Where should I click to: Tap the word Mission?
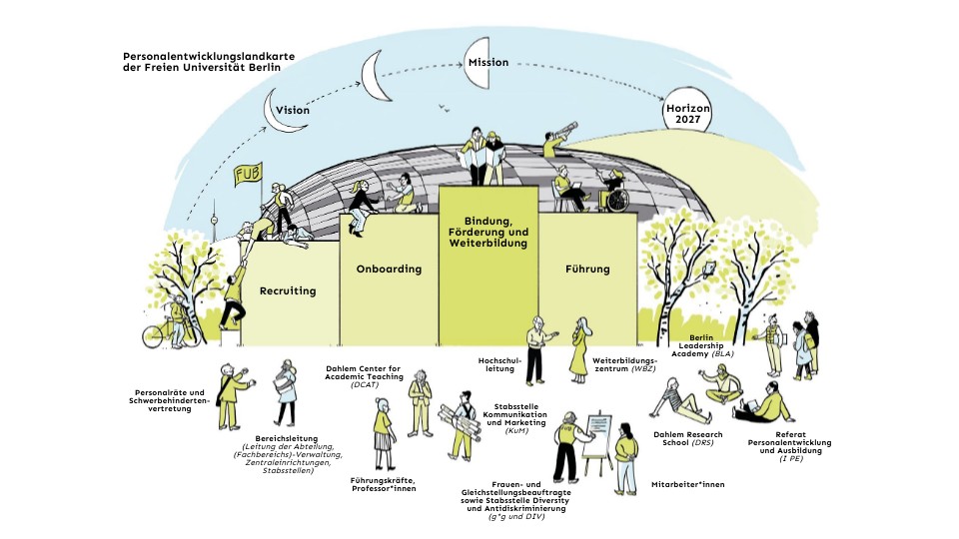tap(488, 63)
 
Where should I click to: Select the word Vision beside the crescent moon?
tap(293, 111)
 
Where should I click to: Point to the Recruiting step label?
tap(288, 291)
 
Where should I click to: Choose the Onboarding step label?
tap(389, 269)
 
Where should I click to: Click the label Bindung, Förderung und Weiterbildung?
tap(488, 232)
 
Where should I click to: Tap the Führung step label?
tap(586, 269)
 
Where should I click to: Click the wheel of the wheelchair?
tap(618, 202)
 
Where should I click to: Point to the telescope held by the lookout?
tap(562, 131)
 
